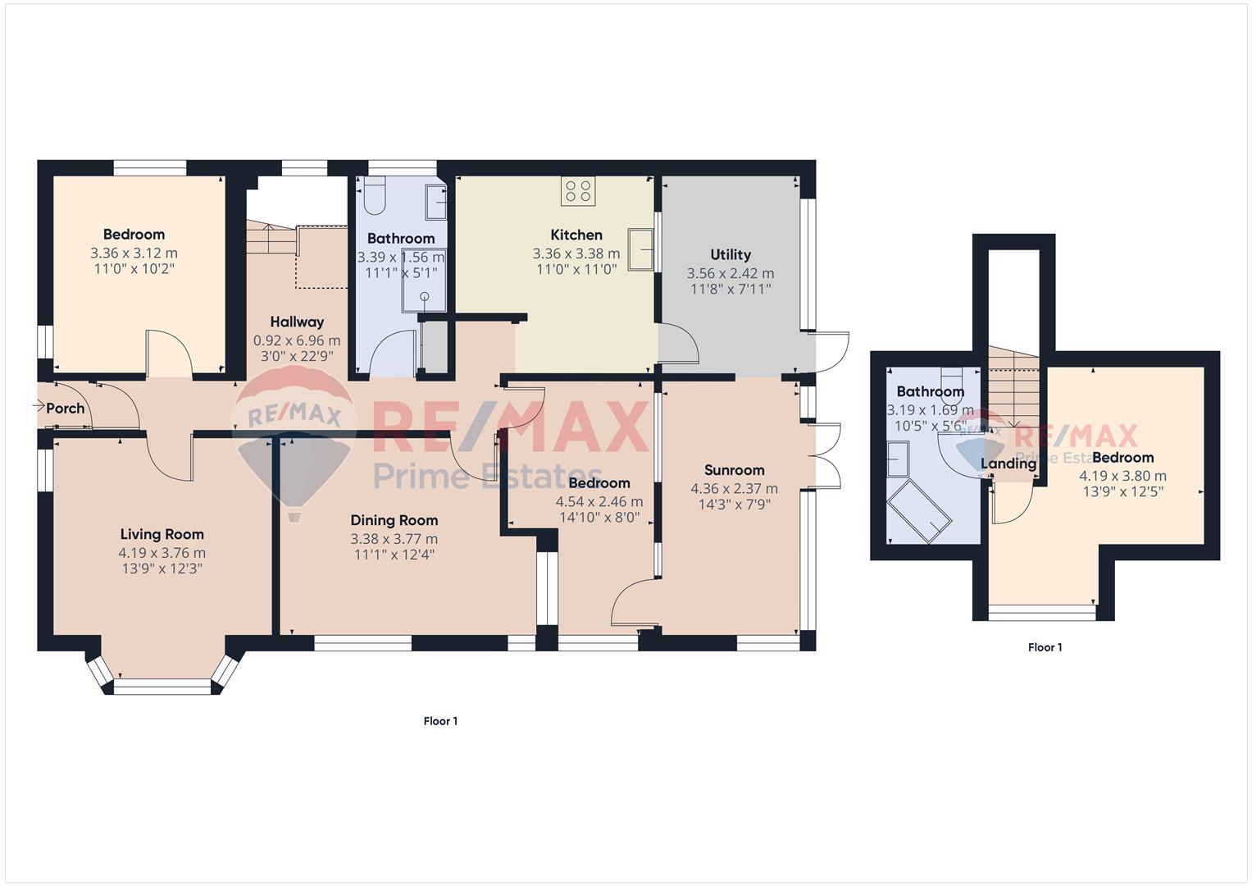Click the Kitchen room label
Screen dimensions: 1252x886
tap(576, 235)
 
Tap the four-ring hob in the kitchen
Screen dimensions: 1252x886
tap(579, 190)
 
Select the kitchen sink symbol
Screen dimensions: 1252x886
tap(640, 249)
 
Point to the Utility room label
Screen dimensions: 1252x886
tap(731, 254)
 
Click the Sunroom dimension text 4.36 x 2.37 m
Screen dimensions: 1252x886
tap(734, 489)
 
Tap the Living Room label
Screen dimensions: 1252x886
tap(162, 535)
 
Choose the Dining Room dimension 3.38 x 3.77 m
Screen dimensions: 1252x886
tap(394, 539)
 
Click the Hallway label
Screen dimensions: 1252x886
tap(297, 322)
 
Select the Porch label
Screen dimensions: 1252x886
tap(66, 409)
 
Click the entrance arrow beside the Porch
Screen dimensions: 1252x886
tap(39, 405)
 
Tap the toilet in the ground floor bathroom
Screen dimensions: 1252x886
tap(374, 194)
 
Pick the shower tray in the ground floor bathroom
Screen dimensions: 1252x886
tap(424, 280)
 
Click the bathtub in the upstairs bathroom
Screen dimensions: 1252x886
tap(919, 510)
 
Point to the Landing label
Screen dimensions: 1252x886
tap(1008, 464)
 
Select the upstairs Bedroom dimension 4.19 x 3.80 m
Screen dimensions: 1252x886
tap(1122, 476)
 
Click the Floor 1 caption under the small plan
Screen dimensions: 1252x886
tap(1045, 647)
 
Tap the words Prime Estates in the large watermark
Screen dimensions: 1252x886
tap(487, 476)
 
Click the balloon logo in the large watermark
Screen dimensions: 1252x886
tap(294, 442)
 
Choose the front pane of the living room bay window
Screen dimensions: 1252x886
tap(162, 687)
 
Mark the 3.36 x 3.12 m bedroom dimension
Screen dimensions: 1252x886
tap(134, 253)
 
